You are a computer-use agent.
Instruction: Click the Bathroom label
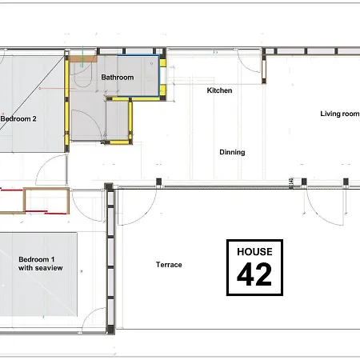point(117,78)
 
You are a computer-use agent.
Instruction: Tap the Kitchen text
point(219,90)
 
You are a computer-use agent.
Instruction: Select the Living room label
point(340,114)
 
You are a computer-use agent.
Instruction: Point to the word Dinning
point(232,152)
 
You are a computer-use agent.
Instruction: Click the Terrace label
point(169,265)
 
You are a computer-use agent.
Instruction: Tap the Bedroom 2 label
point(19,118)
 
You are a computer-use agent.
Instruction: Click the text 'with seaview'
point(41,268)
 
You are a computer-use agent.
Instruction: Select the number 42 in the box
point(254,274)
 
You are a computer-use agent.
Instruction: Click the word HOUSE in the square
point(254,251)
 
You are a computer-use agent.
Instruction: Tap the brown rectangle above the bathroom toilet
point(83,58)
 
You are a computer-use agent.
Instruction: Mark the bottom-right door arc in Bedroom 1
point(94,318)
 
